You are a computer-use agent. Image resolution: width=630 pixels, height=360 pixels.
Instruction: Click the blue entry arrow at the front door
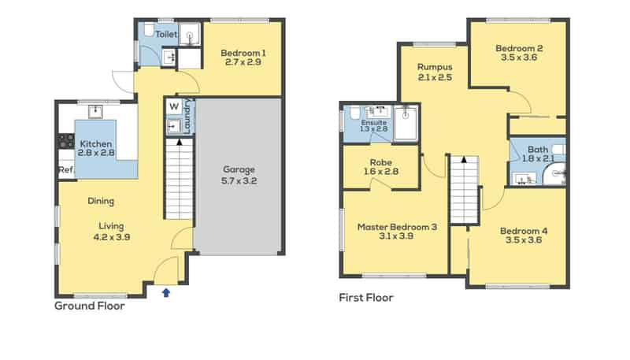point(165,292)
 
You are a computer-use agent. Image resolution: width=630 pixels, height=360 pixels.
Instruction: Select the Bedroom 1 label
point(240,54)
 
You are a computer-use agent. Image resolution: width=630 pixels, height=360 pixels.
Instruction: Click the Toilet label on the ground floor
point(165,35)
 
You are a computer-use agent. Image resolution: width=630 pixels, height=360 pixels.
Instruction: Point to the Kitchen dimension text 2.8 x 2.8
point(96,154)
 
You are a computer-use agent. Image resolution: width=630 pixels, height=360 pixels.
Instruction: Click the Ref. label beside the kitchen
point(65,170)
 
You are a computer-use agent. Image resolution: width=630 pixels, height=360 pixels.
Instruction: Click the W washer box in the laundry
point(173,107)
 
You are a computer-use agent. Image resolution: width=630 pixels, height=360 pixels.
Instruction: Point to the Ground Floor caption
point(89,306)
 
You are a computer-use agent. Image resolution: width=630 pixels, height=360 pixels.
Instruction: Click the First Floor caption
point(365,298)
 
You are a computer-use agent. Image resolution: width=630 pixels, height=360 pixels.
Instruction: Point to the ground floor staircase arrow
point(180,143)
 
